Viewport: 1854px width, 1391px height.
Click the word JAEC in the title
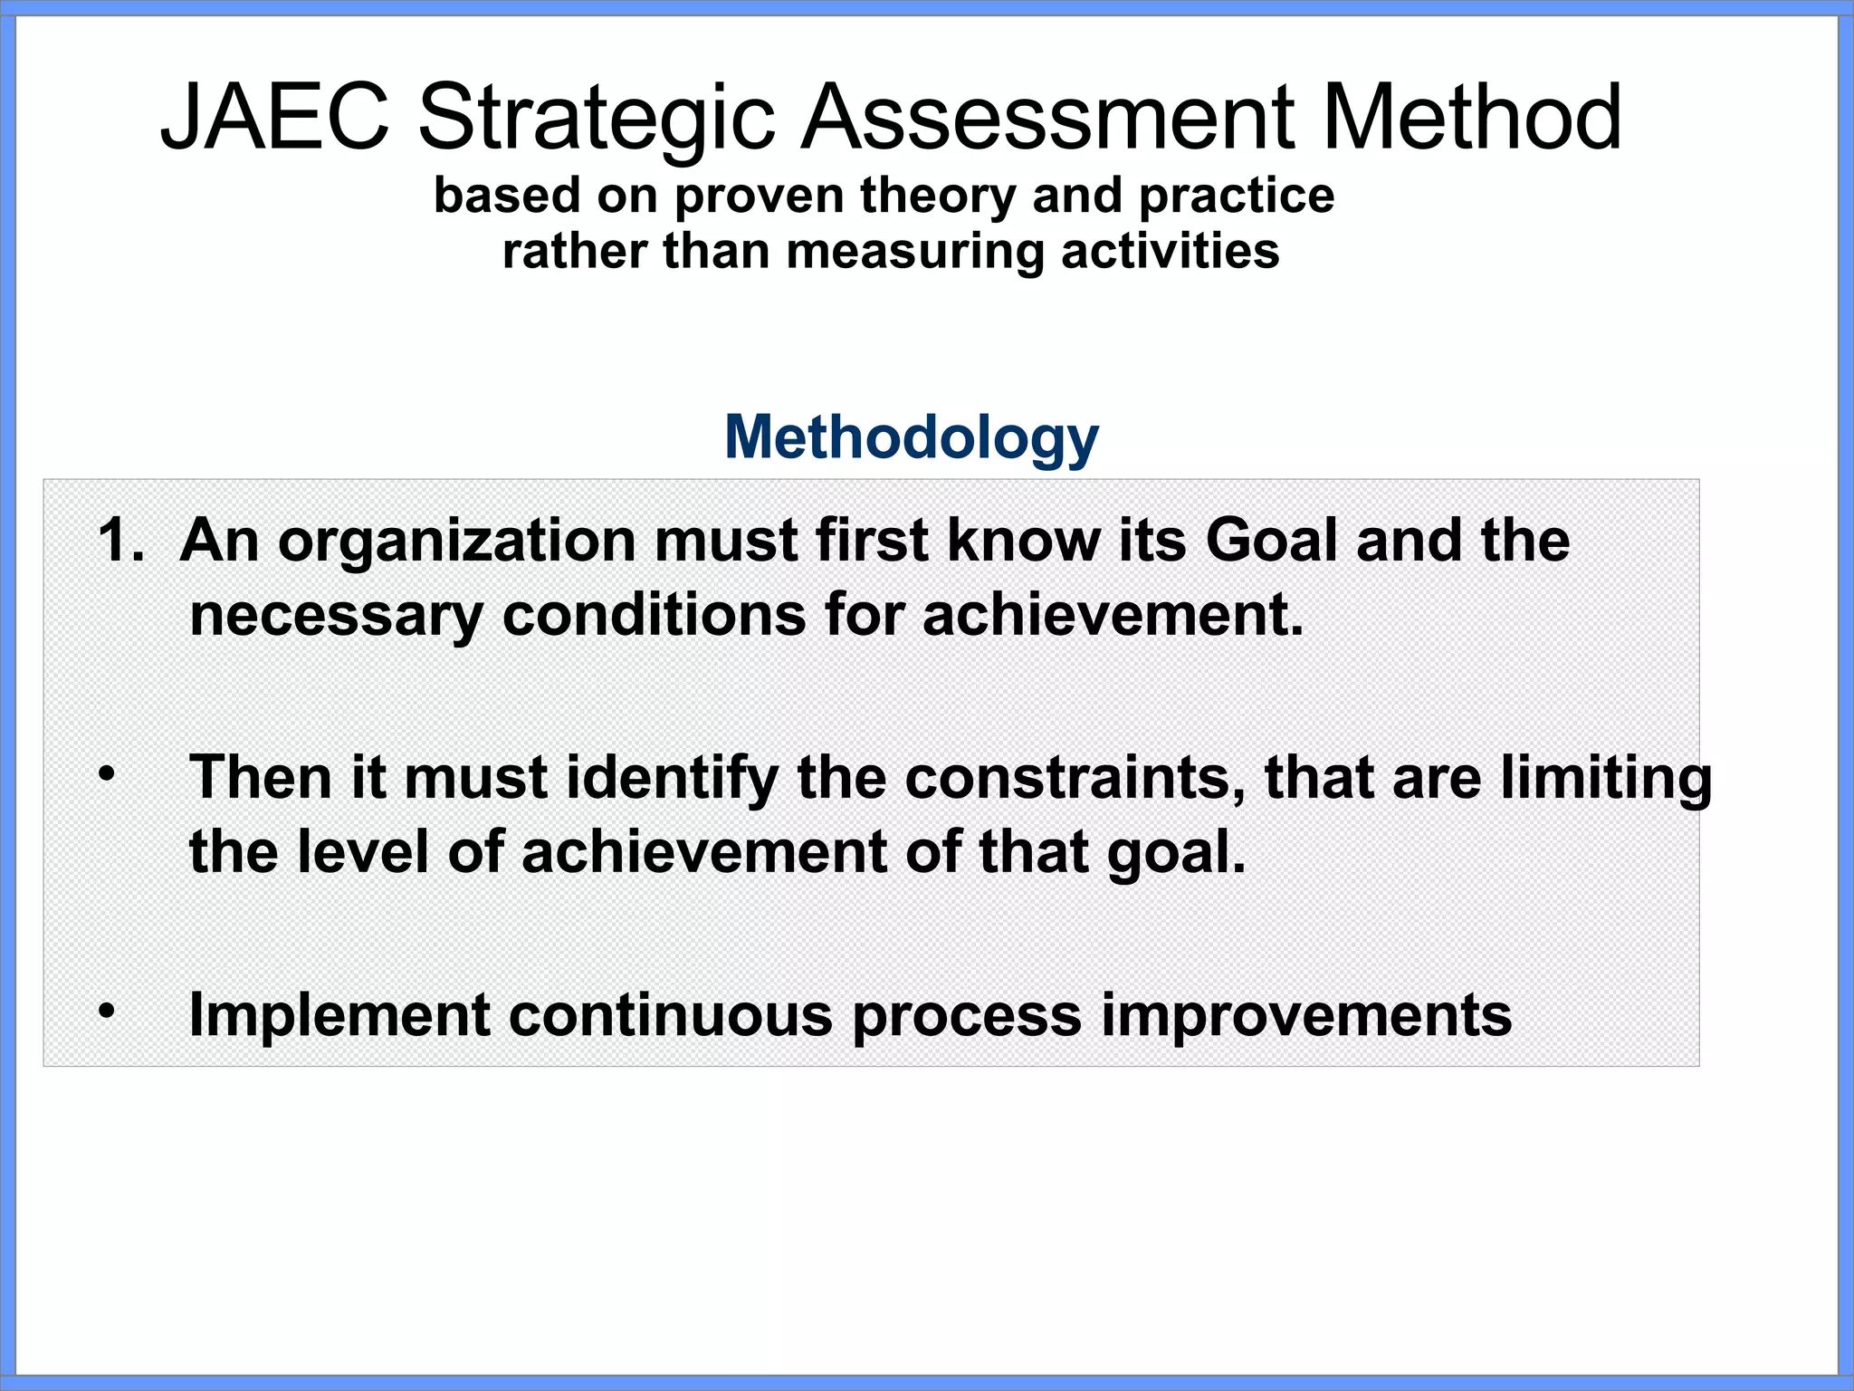pyautogui.click(x=274, y=118)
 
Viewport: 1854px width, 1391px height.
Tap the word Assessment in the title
pyautogui.click(x=1049, y=118)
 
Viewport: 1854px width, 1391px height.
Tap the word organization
pyautogui.click(x=457, y=542)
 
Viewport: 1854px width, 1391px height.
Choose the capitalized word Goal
pyautogui.click(x=1271, y=541)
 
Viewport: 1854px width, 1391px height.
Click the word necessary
pyautogui.click(x=336, y=617)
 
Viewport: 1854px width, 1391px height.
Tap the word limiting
pyautogui.click(x=1606, y=780)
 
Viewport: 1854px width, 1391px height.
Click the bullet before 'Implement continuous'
pyautogui.click(x=107, y=1011)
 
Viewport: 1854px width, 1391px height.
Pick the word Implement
pyautogui.click(x=339, y=1016)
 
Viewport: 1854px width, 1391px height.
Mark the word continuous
pyautogui.click(x=670, y=1014)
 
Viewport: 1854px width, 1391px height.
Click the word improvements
pyautogui.click(x=1306, y=1016)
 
